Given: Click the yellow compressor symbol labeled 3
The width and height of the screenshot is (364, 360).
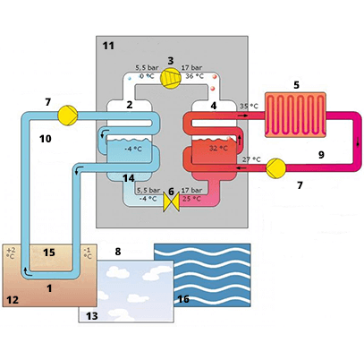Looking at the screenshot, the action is coord(171,78).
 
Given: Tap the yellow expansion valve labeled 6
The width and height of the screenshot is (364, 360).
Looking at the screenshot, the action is coord(171,202).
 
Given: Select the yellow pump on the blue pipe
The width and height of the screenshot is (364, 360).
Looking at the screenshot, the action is coord(68,116).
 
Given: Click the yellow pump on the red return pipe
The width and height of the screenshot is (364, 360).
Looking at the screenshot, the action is coord(275,168).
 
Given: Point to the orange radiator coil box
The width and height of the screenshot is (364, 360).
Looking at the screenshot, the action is coord(295,115).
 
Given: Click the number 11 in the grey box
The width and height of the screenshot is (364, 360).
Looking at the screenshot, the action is coord(108,46).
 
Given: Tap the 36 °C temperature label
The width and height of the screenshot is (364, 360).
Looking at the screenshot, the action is coord(195,76).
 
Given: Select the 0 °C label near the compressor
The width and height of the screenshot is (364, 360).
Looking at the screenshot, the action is coord(148,76).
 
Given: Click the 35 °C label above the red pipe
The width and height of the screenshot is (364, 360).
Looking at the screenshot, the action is coord(249,106).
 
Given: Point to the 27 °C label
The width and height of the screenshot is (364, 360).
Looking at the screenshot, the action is coord(251,159).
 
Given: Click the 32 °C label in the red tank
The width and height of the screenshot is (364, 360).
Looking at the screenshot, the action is coord(218,148).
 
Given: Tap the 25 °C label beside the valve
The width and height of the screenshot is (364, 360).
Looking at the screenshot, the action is coord(191,199).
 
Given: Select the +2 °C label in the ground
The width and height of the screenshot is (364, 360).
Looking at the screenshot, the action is coord(10,253).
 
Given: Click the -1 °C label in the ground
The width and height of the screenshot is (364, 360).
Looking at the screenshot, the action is coord(88,253).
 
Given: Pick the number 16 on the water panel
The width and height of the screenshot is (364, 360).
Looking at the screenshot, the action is coord(183,299).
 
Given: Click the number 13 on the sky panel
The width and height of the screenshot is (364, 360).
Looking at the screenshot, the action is coord(92,315).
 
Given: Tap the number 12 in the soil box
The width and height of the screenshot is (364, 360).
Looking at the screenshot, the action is coord(13,300).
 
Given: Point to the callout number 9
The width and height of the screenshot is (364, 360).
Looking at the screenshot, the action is coord(321,155).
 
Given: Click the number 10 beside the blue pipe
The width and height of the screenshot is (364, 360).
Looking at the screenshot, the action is coord(46,139).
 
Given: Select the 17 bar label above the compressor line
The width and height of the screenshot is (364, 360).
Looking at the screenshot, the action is coord(191,68).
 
